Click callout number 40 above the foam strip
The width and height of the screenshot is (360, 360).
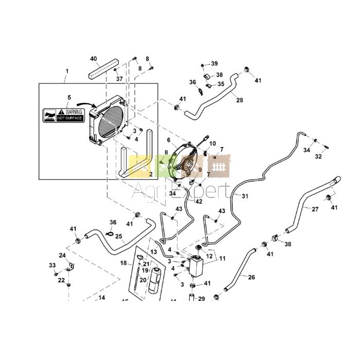coord(94,58)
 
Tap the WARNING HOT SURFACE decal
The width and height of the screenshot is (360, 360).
coord(63,115)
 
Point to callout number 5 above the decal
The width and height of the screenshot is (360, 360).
coord(69,97)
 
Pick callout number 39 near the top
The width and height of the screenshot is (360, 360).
coord(214,64)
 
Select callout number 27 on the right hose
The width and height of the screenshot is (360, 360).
coord(315,209)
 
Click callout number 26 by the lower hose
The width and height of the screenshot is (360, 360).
coord(251,278)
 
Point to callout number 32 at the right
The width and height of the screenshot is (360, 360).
coord(318,156)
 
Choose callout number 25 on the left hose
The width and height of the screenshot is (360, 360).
coord(118,237)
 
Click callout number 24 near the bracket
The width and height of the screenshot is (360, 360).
coord(62,255)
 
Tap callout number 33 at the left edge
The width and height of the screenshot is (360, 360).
coord(52,265)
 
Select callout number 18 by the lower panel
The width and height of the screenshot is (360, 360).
coord(123,263)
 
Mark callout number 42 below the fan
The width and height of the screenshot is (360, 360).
coord(199,202)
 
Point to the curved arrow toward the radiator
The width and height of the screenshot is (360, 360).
coord(91,106)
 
